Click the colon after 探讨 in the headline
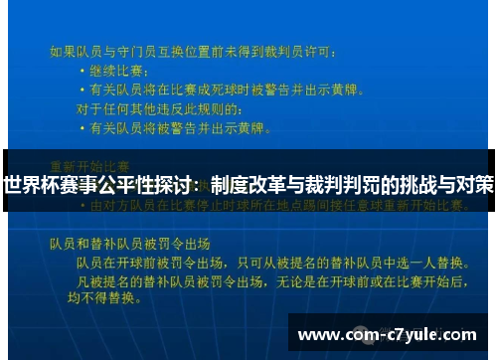203,186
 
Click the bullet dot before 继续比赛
81,72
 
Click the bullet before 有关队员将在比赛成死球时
81,90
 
